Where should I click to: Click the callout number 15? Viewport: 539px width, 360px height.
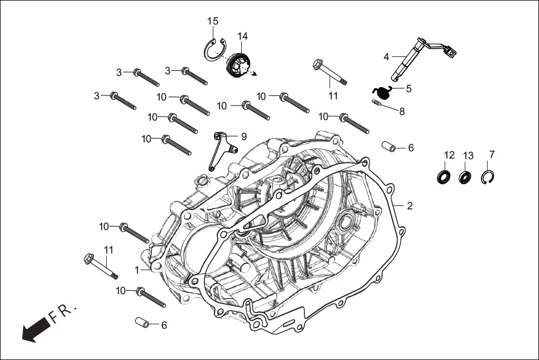point(213,21)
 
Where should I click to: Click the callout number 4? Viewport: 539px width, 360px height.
point(386,57)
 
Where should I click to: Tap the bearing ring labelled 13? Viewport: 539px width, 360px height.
point(465,177)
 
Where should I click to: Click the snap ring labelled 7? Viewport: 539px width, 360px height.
point(489,177)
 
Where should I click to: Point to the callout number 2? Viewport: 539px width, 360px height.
point(409,206)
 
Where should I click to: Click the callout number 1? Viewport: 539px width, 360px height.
point(136,270)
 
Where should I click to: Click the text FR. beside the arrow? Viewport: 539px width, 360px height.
point(63,314)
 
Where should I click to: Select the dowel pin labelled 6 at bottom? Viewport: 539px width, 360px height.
point(142,323)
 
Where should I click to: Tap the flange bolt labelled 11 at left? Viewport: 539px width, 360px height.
point(101,266)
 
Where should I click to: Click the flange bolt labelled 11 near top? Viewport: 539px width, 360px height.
point(330,73)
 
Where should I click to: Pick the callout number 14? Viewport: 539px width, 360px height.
point(242,36)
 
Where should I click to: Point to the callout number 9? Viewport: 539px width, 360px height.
point(244,136)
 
